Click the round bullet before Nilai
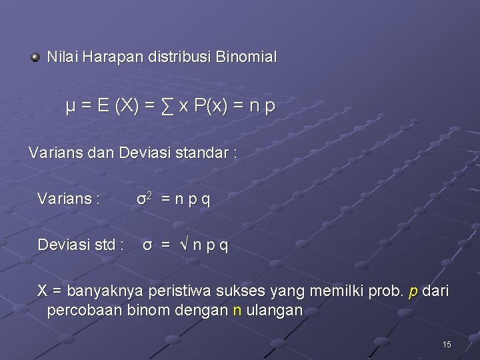pos(35,58)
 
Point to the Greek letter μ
pos(70,107)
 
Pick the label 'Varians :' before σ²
pos(69,199)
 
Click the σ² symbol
pos(145,198)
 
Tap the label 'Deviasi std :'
pos(80,245)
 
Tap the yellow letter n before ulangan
pos(237,311)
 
